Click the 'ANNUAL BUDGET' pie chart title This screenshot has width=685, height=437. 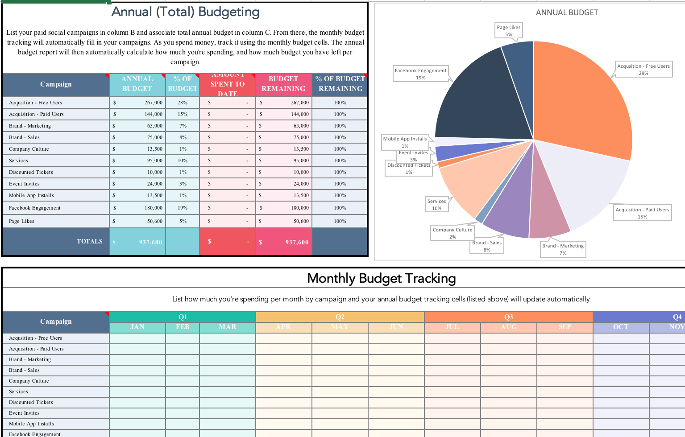click(x=567, y=12)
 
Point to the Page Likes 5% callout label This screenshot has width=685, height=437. click(x=508, y=30)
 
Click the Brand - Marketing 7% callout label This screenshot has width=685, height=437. click(x=563, y=249)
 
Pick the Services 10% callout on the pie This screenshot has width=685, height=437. click(x=436, y=205)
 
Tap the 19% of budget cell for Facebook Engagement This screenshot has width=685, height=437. click(x=183, y=208)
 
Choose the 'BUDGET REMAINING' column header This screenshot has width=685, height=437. click(x=283, y=84)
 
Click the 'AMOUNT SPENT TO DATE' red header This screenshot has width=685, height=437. click(x=228, y=84)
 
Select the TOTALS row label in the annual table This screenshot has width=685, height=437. click(x=89, y=241)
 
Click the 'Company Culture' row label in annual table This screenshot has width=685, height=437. click(x=29, y=149)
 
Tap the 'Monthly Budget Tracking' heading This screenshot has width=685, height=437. click(x=382, y=278)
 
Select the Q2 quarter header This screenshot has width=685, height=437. click(x=340, y=317)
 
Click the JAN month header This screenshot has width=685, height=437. click(x=137, y=327)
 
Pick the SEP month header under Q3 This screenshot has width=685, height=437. click(x=565, y=327)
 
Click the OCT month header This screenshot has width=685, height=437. click(x=621, y=327)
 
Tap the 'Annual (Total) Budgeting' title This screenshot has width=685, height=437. click(x=185, y=12)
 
